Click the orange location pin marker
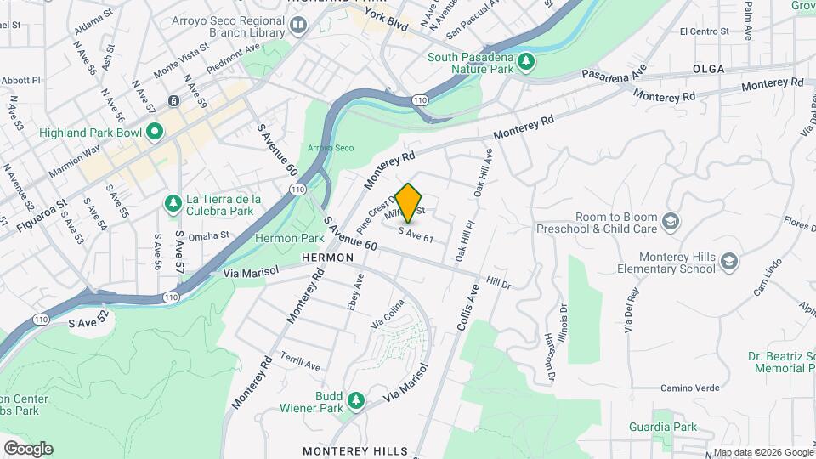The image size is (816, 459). pos(409,202)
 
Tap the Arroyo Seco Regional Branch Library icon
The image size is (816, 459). pos(297,25)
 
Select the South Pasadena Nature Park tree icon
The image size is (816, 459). pos(526,60)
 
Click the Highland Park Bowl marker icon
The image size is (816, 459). pos(154,131)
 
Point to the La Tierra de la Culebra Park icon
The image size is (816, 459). pos(173,202)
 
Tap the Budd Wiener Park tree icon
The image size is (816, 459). pos(356,399)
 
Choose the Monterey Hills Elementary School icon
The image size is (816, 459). pos(728,262)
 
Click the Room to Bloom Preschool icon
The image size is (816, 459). pos(671,222)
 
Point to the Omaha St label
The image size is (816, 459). pos(208,235)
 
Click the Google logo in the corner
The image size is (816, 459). pos(28,448)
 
